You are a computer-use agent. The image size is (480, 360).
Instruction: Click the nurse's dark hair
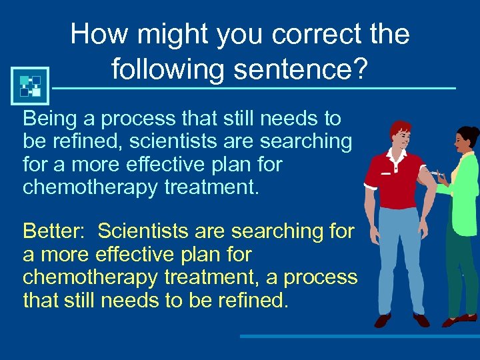pos(467,137)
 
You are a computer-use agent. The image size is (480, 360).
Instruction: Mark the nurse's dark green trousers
pos(463,273)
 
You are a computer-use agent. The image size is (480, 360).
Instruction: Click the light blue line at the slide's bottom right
pos(360,337)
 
